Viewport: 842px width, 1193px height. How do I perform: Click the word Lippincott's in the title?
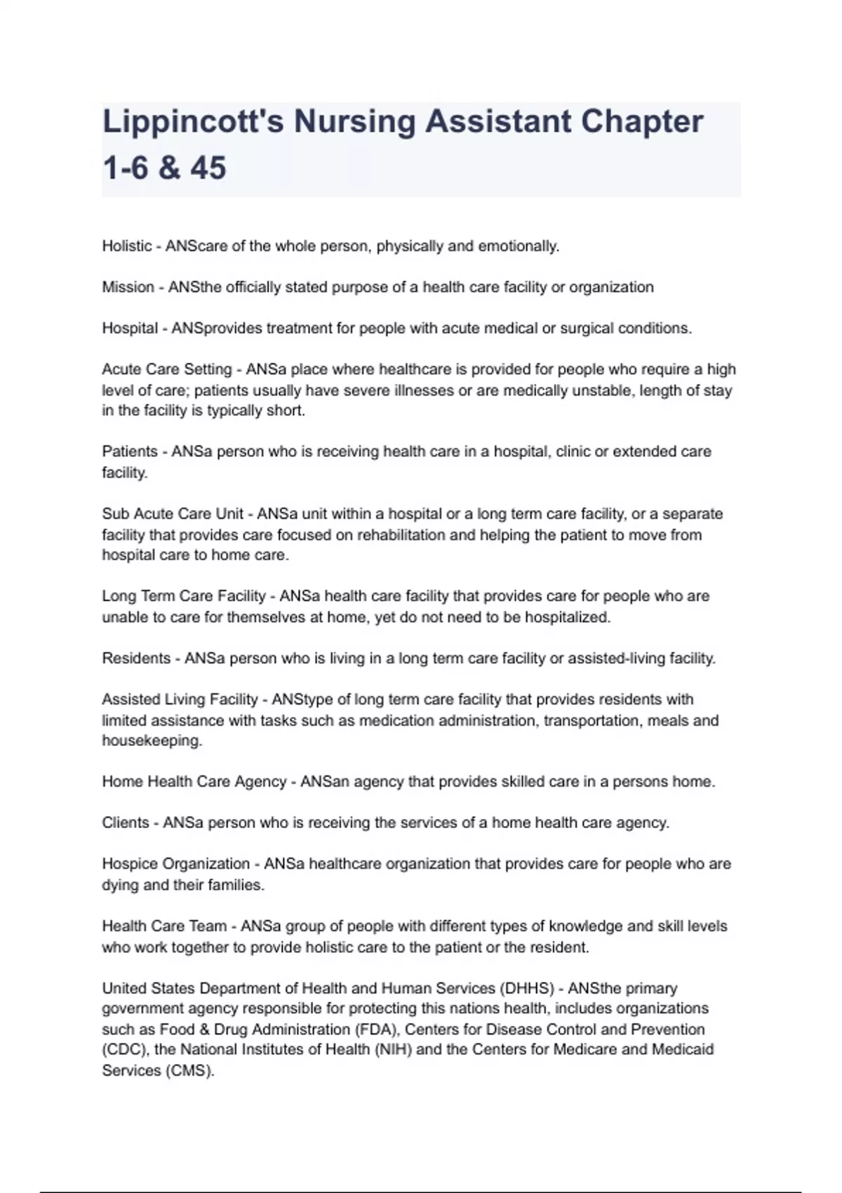[192, 122]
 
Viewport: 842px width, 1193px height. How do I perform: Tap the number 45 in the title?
[208, 168]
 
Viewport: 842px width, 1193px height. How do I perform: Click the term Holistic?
[127, 246]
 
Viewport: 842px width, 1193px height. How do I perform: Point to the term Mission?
[128, 287]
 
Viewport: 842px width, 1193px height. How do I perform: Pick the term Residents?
[136, 658]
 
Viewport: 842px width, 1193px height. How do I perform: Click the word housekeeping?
[152, 741]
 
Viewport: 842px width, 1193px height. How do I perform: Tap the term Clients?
[126, 822]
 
